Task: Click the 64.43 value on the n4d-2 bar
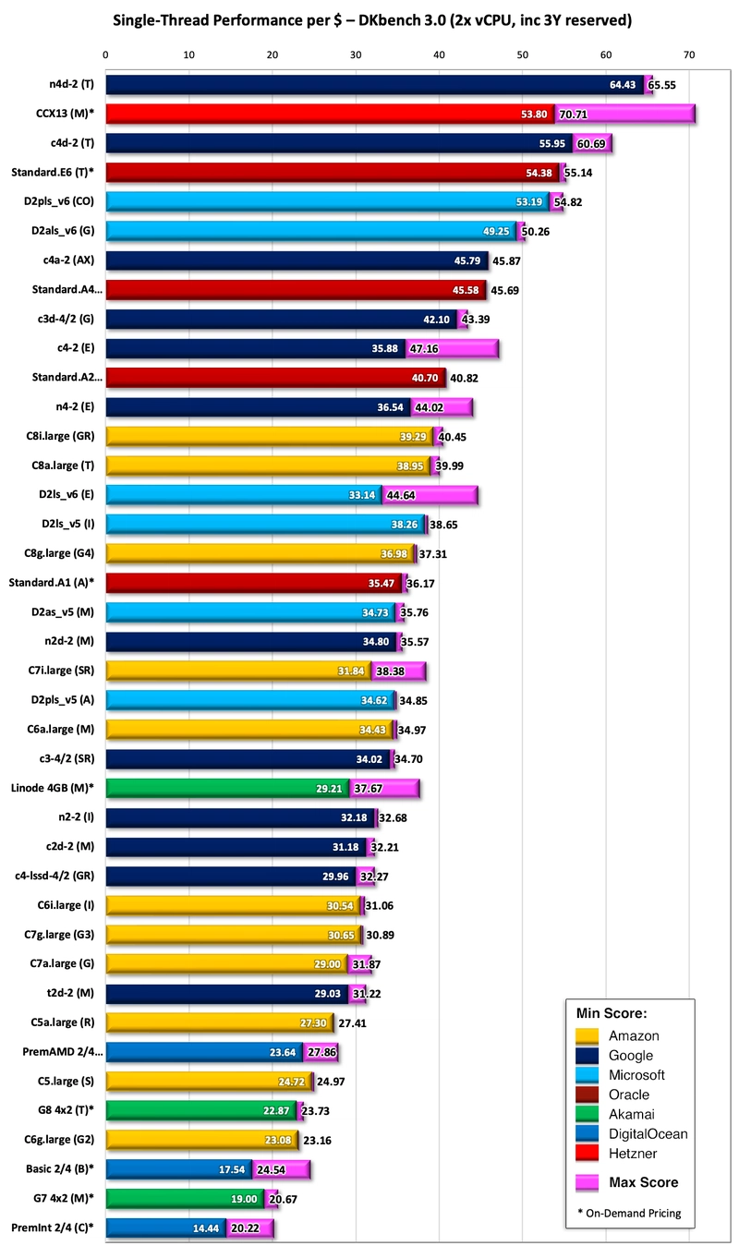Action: click(625, 85)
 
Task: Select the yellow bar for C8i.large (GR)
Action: click(268, 436)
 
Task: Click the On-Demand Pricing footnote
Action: click(633, 1213)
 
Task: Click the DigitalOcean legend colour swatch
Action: click(588, 1133)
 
